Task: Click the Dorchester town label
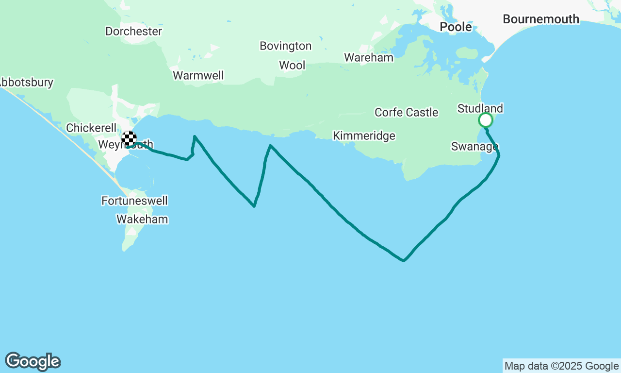(133, 32)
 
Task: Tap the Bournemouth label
(541, 19)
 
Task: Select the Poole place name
(456, 27)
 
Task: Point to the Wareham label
(369, 58)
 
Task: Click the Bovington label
(285, 46)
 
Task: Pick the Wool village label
(292, 65)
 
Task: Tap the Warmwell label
(198, 76)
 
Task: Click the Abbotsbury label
(27, 83)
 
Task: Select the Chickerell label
(91, 128)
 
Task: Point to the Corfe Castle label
(406, 113)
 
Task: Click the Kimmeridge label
(364, 136)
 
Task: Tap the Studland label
(480, 108)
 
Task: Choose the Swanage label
(474, 147)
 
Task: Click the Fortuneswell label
(134, 201)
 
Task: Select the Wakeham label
(142, 220)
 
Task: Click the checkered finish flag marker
(129, 138)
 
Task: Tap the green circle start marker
(485, 120)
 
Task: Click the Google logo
(33, 362)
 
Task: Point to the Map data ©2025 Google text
(561, 366)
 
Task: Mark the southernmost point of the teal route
(404, 261)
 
